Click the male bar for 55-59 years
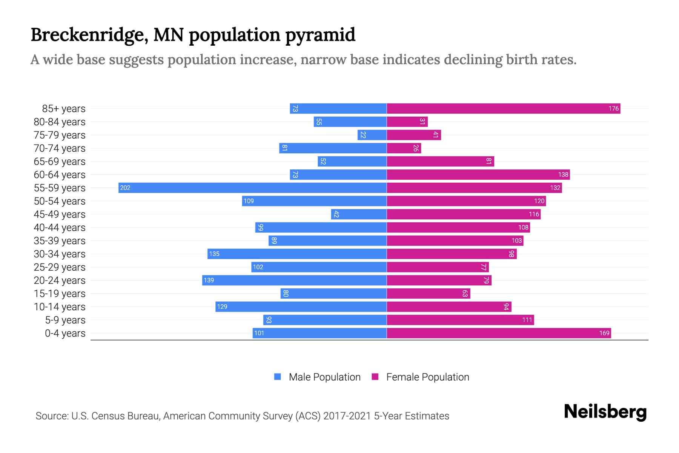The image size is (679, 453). [252, 188]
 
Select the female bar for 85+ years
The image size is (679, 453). [503, 108]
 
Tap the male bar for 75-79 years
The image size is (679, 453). [372, 135]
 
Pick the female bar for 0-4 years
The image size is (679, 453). [499, 333]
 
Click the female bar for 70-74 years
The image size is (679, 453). [404, 148]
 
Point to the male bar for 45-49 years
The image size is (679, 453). [359, 214]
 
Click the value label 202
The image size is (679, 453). [125, 188]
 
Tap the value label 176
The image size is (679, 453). [613, 109]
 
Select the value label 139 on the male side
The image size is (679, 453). [209, 280]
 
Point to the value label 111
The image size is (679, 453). [527, 320]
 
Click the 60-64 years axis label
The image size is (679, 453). [60, 175]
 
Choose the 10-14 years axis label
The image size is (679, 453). [60, 307]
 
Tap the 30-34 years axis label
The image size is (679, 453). [60, 254]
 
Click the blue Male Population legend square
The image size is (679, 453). [278, 377]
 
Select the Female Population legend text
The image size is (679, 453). [427, 377]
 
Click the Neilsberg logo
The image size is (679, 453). [605, 412]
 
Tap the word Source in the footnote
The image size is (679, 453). [51, 416]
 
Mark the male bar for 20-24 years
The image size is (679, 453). [294, 280]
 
